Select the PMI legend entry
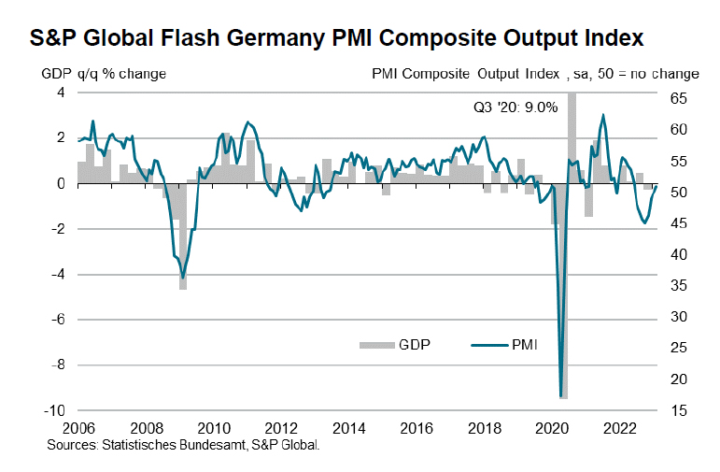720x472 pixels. coord(511,345)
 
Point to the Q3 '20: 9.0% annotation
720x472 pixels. coord(515,107)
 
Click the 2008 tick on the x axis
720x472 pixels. coord(145,427)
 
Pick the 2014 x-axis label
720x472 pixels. coord(348,427)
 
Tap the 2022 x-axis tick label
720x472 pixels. coord(619,427)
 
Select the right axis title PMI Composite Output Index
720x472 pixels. coord(537,73)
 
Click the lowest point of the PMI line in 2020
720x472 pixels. coord(561,396)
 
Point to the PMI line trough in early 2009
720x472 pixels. coord(183,276)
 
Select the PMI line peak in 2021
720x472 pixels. coord(603,115)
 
